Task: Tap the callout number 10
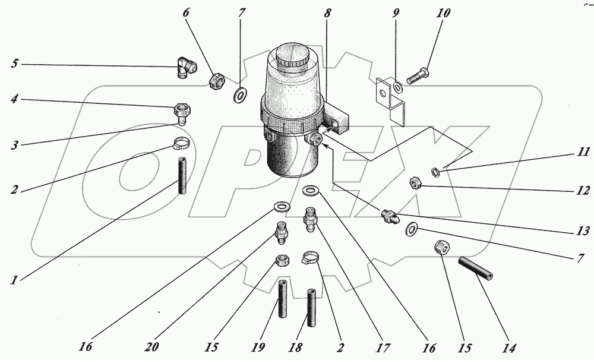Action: click(444, 12)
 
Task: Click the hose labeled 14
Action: click(476, 269)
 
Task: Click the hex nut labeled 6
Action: click(216, 80)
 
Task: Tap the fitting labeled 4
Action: click(180, 112)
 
